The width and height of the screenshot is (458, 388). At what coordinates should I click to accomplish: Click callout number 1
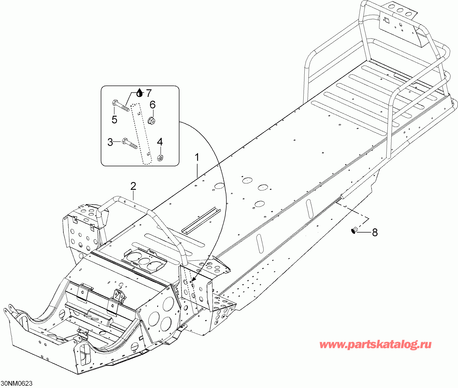[197, 158]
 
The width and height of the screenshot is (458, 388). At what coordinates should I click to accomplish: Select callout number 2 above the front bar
[133, 186]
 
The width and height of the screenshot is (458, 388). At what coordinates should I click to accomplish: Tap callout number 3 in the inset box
[110, 142]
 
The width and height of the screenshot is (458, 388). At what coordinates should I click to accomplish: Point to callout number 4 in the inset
[160, 142]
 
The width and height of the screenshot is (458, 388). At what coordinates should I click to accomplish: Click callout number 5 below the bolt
[114, 120]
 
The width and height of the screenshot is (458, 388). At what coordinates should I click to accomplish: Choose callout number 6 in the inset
[153, 105]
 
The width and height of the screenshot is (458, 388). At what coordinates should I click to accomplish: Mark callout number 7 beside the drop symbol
[148, 93]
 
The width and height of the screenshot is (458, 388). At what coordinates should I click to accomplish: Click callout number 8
[375, 232]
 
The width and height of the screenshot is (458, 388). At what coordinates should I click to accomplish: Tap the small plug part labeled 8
[354, 230]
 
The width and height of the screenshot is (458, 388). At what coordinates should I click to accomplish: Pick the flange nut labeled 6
[152, 121]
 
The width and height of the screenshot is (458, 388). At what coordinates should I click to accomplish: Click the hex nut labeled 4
[160, 158]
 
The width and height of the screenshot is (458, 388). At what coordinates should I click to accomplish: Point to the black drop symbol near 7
[140, 93]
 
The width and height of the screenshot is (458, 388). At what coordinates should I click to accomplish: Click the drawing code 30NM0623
[17, 383]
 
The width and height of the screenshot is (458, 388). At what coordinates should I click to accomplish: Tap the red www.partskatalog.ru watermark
[375, 345]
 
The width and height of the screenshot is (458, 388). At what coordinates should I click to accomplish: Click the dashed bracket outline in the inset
[141, 134]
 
